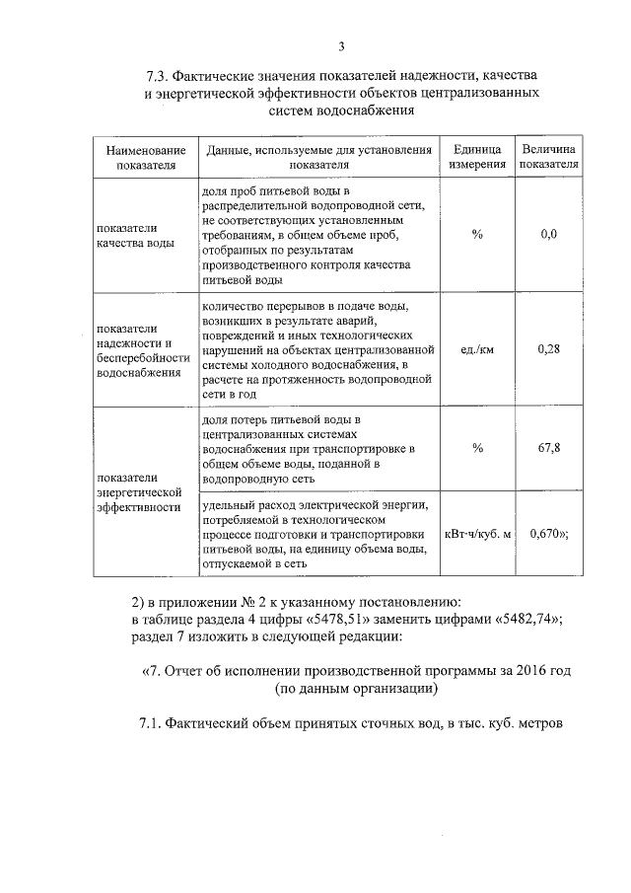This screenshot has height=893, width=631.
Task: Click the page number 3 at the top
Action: coord(340,45)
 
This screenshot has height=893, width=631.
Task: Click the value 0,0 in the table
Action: coord(550,234)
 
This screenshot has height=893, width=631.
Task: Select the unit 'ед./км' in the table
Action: coord(478,348)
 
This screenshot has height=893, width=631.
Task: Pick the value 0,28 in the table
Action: coord(550,348)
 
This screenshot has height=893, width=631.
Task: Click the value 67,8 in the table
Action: coord(550,447)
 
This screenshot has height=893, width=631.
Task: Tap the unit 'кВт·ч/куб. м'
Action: coord(478,534)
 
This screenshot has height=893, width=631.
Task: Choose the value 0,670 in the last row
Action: coord(548,534)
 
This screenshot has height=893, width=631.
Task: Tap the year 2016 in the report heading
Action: coord(522,671)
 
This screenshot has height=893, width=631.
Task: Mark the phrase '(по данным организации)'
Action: coord(354,688)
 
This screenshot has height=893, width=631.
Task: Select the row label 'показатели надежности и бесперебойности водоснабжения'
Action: coord(138,350)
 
